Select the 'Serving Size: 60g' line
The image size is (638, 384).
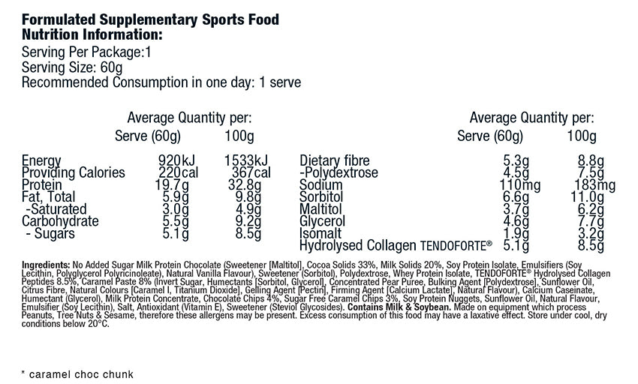tap(73, 67)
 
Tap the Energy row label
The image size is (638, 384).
tap(41, 160)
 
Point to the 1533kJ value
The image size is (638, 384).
tap(245, 160)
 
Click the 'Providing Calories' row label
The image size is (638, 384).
tap(74, 172)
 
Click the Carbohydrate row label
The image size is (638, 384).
tap(60, 221)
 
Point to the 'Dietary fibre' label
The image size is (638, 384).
tap(336, 160)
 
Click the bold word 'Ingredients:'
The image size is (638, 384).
tap(46, 265)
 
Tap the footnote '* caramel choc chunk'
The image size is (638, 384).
tap(77, 373)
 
